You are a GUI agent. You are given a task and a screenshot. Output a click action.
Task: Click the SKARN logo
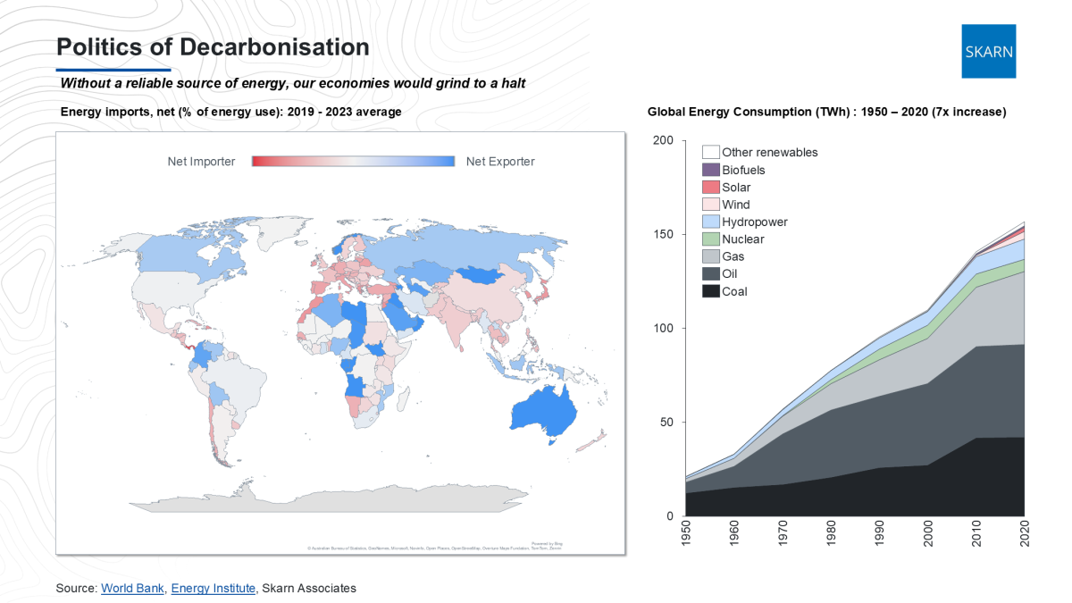coord(989,51)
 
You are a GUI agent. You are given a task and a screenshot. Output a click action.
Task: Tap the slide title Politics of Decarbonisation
coord(213,46)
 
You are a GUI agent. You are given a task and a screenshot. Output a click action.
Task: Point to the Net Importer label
coord(201,162)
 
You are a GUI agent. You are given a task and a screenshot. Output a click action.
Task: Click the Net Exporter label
coord(500,162)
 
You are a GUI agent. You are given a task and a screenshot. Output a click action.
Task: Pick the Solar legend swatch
coord(711,188)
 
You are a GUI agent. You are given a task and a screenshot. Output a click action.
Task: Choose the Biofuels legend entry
coord(742,170)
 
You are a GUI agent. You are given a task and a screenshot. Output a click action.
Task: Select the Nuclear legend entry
coord(742,239)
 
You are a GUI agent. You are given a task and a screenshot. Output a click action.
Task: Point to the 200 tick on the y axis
coord(662,141)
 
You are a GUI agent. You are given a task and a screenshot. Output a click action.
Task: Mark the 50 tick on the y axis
coord(666,423)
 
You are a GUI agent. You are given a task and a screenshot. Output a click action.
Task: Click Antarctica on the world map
coord(357,500)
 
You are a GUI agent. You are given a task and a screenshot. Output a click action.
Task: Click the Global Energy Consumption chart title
coord(826,112)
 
